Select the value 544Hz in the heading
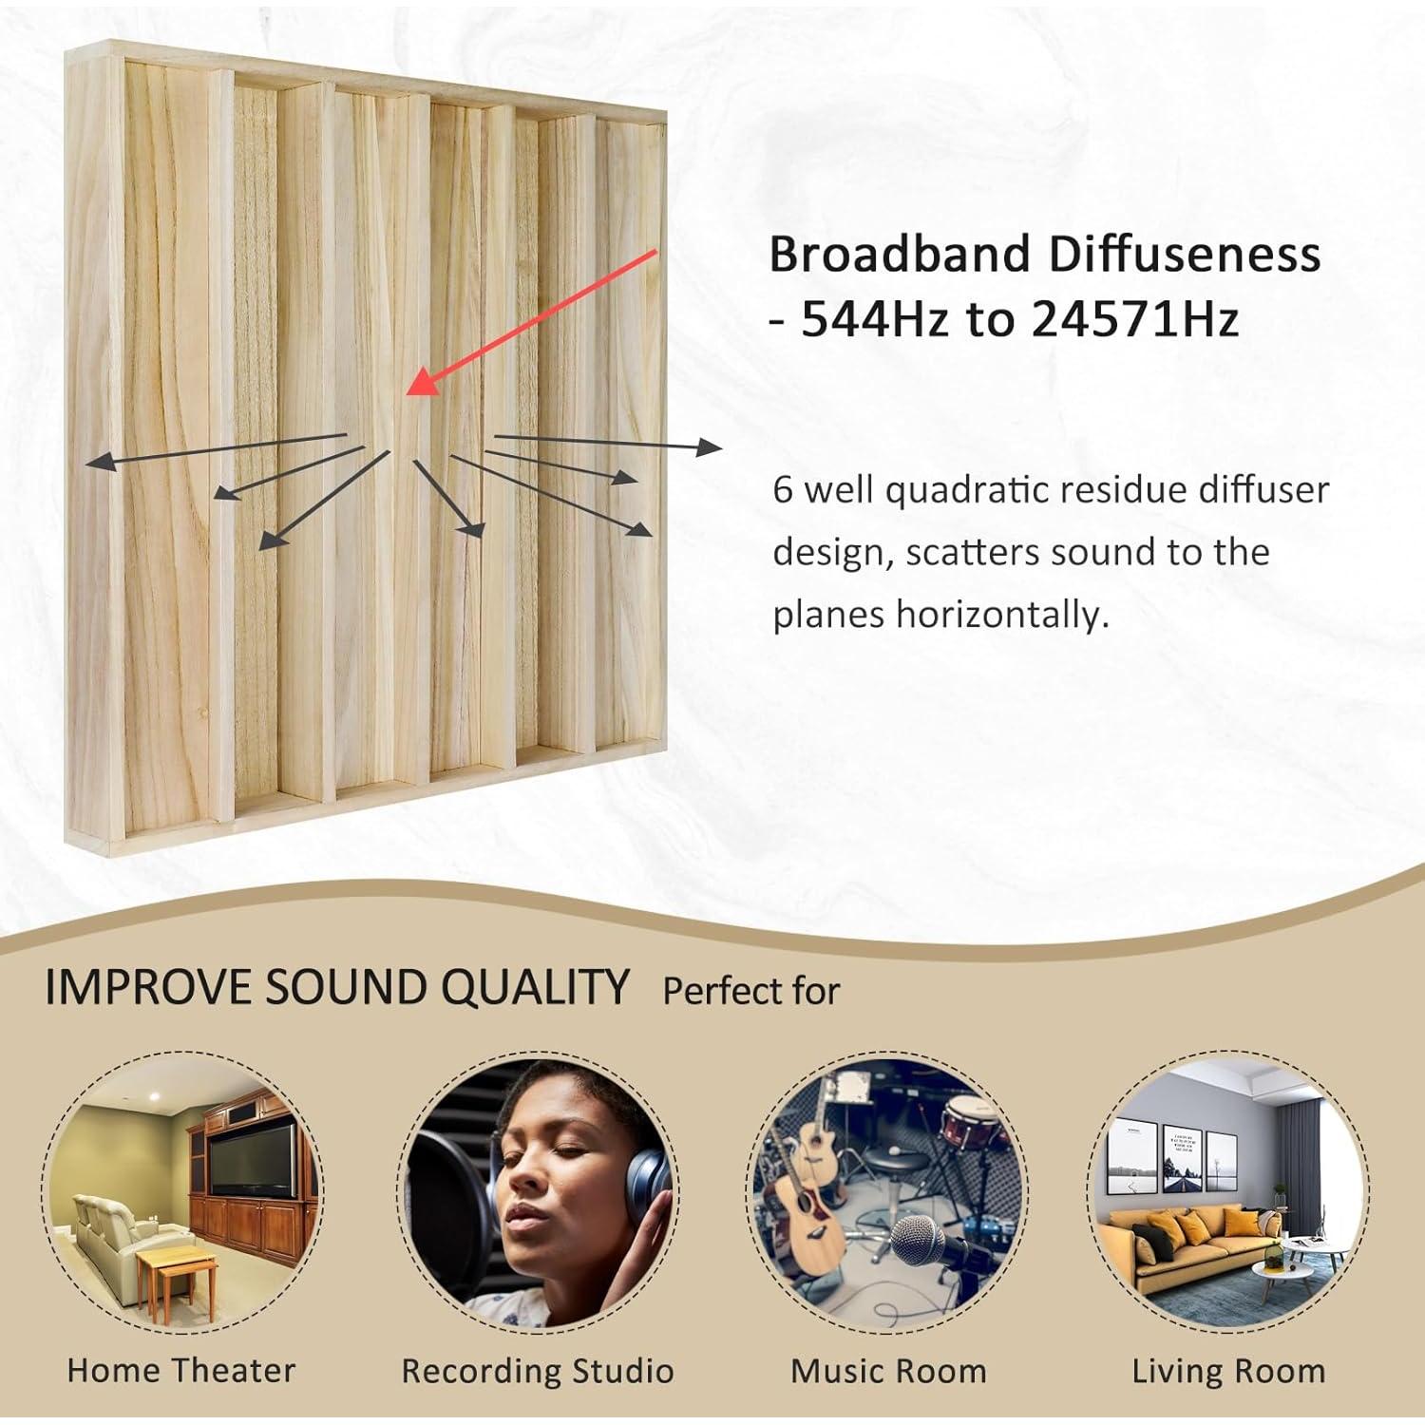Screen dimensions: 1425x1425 coord(875,320)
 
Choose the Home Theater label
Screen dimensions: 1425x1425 coord(181,1370)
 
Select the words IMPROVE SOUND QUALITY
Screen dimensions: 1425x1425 coord(336,987)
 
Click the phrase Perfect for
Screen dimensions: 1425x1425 coord(750,991)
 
